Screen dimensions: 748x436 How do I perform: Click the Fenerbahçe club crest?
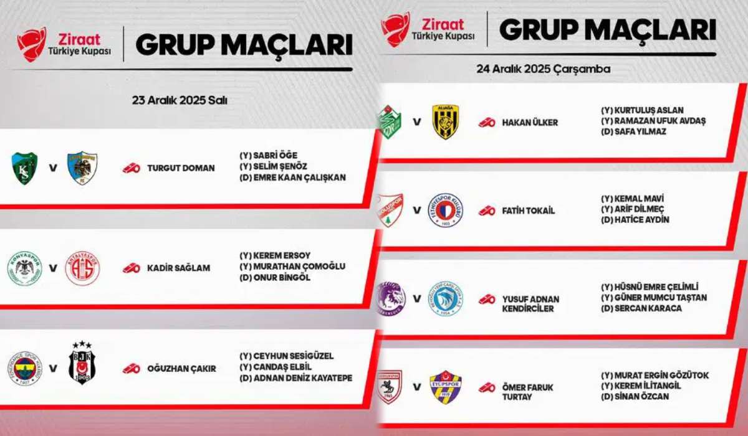point(25,369)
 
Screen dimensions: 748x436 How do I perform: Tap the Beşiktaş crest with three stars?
point(82,363)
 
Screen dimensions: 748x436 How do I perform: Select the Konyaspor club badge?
point(25,268)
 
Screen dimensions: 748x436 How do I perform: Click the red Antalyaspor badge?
point(82,268)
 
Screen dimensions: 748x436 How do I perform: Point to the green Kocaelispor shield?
point(24,168)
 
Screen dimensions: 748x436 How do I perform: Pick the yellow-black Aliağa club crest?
point(446,121)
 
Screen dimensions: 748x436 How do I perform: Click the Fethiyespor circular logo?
point(446,211)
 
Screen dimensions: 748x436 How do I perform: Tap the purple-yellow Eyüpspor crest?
point(446,387)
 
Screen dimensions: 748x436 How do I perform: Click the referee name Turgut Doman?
point(181,168)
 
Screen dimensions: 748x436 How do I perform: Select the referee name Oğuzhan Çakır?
point(181,369)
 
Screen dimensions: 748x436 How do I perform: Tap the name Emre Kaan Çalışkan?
point(300,178)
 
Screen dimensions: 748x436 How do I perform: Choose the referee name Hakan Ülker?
point(530,123)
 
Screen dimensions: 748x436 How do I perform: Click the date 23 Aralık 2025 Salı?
point(180,100)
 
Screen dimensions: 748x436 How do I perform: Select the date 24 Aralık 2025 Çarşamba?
point(544,69)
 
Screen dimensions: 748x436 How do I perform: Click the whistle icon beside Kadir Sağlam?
point(132,268)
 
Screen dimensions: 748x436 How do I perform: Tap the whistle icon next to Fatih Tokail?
point(487,211)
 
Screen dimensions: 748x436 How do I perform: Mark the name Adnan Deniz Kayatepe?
point(303,378)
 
